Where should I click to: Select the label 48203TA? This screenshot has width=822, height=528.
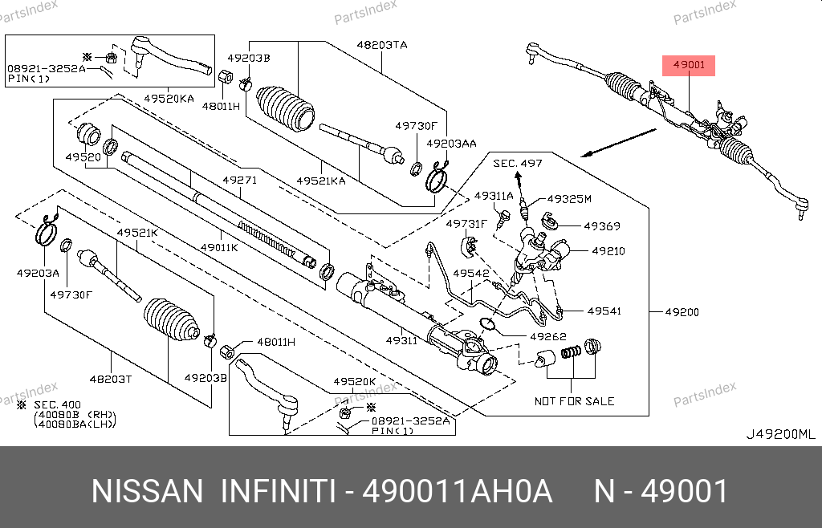tap(382, 46)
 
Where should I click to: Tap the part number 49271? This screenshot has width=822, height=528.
tap(240, 181)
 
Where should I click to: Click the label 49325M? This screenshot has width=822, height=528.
tap(569, 199)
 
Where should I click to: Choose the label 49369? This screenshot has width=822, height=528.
tap(601, 226)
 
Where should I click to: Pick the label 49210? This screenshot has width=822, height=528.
tap(608, 251)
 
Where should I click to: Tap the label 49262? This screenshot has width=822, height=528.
tap(548, 336)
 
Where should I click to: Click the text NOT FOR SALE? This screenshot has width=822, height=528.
tap(574, 400)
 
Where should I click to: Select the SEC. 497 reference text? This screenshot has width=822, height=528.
tap(518, 163)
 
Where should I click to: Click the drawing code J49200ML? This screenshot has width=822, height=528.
tap(780, 434)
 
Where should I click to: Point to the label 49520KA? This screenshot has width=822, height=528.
tap(169, 98)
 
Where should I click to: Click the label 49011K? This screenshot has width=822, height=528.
tap(219, 247)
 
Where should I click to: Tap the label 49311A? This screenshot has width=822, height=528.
tap(494, 196)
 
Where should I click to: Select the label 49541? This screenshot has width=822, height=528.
tap(604, 311)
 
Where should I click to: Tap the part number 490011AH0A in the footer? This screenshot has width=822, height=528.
tap(458, 490)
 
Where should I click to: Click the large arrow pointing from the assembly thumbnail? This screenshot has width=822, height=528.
tap(617, 142)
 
